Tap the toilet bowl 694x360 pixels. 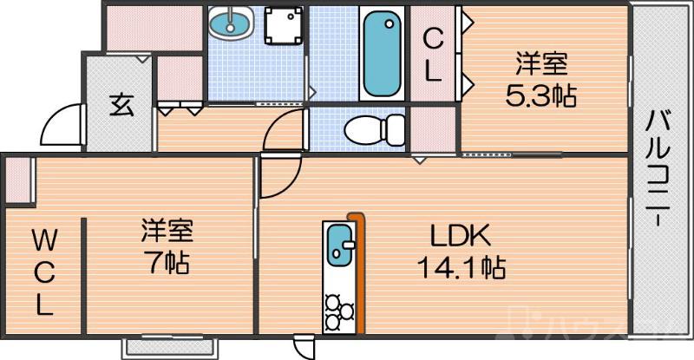tap(374, 130)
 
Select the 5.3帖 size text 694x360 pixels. tap(541, 95)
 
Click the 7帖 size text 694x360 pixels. tap(167, 261)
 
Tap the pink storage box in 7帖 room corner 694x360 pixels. tap(18, 180)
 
